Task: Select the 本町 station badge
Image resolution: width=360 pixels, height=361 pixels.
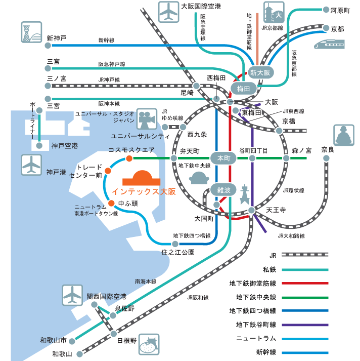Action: coord(223,158)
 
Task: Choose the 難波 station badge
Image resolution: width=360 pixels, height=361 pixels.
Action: coord(223,190)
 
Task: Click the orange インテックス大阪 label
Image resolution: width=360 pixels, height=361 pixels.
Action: coord(144,192)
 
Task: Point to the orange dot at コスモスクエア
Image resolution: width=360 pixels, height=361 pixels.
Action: coord(129,158)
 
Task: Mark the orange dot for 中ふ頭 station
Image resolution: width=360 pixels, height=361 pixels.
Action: coord(111,204)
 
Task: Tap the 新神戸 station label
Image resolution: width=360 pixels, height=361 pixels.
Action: coord(57,38)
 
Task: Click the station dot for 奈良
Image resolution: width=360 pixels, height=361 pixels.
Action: coord(326,158)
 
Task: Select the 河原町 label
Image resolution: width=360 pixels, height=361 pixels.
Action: coord(340,10)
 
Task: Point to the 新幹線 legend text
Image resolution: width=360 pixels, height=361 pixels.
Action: coord(266,352)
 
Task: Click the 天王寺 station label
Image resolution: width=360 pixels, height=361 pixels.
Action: coord(277,210)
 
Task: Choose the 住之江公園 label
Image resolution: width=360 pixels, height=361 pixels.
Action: coord(178,252)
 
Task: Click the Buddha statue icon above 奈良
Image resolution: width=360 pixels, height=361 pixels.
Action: coord(343,135)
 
